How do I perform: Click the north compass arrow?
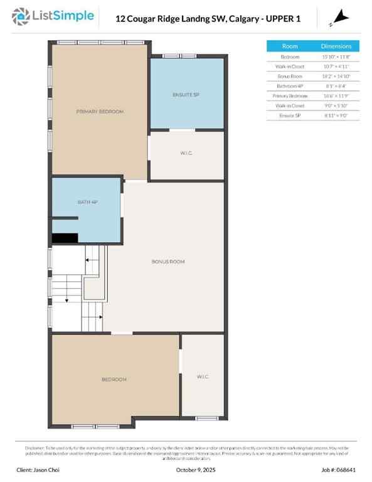(339, 16)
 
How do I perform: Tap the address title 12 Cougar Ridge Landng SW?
(208, 19)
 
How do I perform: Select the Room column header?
(290, 46)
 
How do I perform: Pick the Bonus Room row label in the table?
(290, 76)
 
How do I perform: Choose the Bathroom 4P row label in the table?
(290, 86)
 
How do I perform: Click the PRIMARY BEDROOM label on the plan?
(100, 112)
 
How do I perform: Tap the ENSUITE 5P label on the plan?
(186, 95)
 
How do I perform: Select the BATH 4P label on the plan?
(88, 202)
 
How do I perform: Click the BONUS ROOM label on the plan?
(168, 262)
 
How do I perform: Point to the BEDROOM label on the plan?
(114, 380)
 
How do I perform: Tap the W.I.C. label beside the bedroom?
(203, 377)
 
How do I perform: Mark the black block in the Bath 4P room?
(65, 238)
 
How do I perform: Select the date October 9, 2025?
(186, 470)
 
